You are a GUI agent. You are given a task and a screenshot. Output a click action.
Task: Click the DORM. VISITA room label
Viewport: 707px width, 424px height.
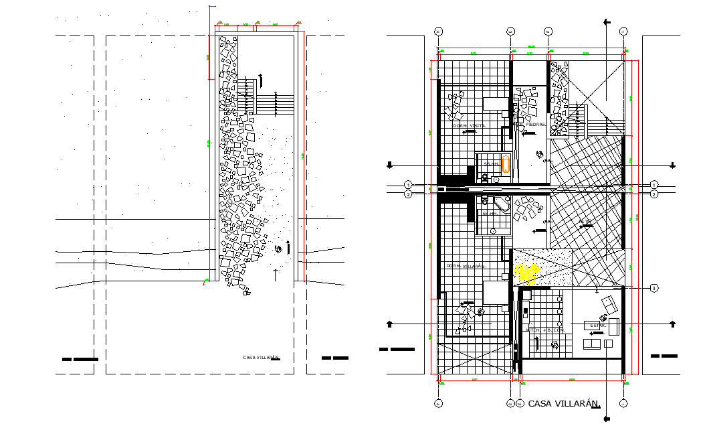coord(470,125)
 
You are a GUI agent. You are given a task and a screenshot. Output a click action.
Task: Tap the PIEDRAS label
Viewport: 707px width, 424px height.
coord(536,125)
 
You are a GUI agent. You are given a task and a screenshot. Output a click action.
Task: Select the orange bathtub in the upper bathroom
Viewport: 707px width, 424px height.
coord(506,163)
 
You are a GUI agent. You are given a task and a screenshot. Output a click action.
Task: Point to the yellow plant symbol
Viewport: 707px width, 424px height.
coord(528,272)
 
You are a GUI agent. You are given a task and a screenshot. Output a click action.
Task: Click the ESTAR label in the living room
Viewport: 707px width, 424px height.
coord(598,326)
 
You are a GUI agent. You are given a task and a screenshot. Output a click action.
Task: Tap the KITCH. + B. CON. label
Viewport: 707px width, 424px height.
coord(545,330)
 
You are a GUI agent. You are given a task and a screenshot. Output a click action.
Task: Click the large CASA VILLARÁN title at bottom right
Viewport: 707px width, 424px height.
coord(563,404)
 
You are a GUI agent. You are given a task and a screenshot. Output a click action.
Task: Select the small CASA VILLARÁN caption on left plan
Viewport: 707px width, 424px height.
coord(260,358)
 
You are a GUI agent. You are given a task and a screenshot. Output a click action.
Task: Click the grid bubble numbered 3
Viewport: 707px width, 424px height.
coord(654,288)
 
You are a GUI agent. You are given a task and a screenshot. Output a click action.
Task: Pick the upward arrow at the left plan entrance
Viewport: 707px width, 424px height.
coord(275,274)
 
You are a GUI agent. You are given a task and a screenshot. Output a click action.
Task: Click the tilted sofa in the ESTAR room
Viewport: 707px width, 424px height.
coord(609,305)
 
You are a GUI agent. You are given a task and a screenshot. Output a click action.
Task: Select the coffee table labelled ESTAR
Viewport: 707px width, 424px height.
coord(595,326)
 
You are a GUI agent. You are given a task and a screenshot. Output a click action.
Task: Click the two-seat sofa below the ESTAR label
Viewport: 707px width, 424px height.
coord(591,344)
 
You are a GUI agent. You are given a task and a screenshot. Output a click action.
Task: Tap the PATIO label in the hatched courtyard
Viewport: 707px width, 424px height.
coord(586,221)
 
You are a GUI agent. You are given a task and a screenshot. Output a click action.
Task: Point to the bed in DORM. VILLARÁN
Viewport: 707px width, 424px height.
coord(495,293)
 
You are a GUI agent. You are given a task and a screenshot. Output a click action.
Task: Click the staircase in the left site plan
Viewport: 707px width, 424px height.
coord(274,104)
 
